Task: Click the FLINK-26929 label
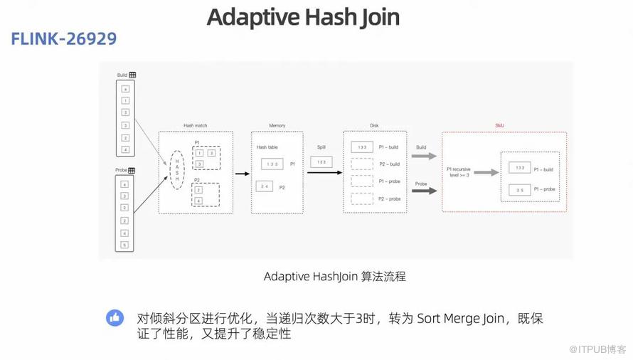point(63,38)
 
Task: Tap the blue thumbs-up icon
point(115,318)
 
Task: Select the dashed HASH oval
point(177,169)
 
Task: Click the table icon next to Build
point(132,75)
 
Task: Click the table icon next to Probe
point(132,171)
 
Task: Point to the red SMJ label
point(499,125)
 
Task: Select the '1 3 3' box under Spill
point(321,162)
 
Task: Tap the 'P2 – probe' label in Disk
point(389,199)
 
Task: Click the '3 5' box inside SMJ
point(520,190)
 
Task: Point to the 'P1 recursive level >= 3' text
point(458,172)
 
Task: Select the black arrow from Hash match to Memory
point(242,173)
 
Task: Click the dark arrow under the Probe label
point(425,191)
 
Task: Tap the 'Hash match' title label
point(194,126)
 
